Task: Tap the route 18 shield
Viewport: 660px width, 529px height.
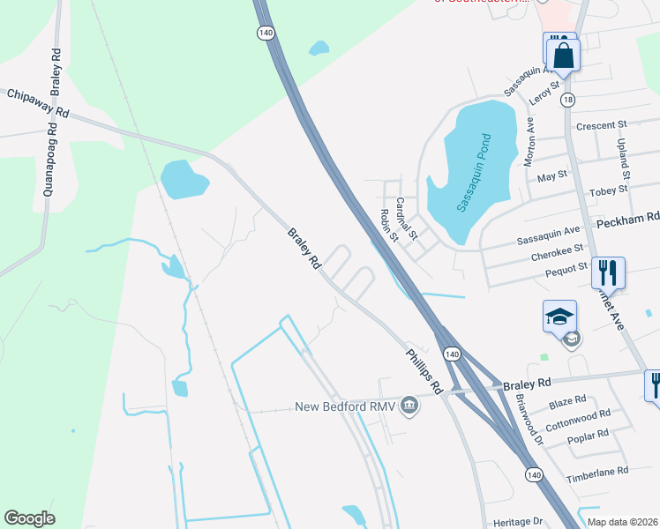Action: pyautogui.click(x=566, y=100)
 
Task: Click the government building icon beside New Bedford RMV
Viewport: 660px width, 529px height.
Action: pyautogui.click(x=409, y=406)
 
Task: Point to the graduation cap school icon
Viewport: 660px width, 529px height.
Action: pyautogui.click(x=560, y=316)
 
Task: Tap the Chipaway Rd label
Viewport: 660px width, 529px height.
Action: pyautogui.click(x=37, y=102)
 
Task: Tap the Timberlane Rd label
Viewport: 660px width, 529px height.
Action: pyautogui.click(x=597, y=471)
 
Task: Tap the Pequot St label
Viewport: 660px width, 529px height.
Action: pyautogui.click(x=565, y=267)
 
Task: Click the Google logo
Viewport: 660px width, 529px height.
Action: pyautogui.click(x=29, y=518)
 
